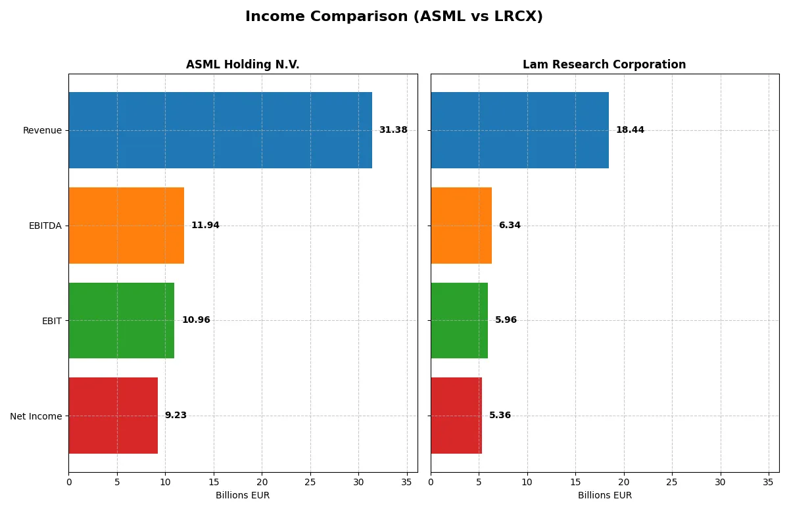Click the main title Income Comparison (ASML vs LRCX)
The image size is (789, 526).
[394, 16]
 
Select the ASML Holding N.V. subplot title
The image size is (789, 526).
[243, 64]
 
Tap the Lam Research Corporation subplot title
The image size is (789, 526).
[604, 64]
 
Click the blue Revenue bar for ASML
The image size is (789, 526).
[220, 130]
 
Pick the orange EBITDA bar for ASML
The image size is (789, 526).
[126, 226]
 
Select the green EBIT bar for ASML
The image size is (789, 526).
[122, 320]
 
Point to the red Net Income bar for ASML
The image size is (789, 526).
[113, 416]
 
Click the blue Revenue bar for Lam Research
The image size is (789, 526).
[519, 130]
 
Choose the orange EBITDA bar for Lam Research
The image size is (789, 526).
[461, 226]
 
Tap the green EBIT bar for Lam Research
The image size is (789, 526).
[459, 320]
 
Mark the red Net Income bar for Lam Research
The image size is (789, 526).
[456, 416]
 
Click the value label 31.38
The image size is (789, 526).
[393, 130]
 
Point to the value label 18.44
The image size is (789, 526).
[630, 130]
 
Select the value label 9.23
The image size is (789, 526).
[176, 416]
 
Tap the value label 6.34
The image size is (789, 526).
[510, 226]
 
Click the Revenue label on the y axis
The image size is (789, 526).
[42, 130]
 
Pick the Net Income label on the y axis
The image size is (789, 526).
[36, 416]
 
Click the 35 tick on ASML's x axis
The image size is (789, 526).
[407, 483]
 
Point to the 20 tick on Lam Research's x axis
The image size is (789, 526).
[623, 483]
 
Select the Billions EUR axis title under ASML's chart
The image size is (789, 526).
[243, 496]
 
